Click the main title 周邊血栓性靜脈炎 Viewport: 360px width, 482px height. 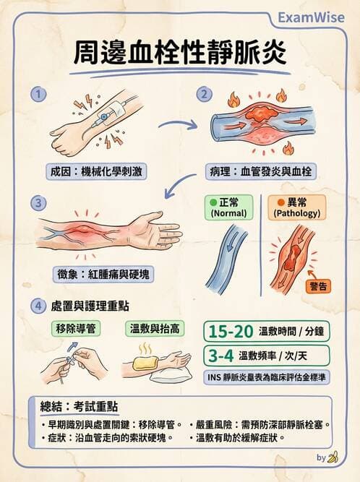click(x=180, y=53)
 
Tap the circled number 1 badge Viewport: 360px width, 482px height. click(x=40, y=94)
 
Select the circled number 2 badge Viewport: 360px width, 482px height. click(x=206, y=94)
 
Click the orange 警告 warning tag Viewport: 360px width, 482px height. click(x=318, y=286)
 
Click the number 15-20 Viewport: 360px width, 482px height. click(x=231, y=332)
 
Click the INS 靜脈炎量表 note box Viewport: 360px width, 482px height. click(x=266, y=378)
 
